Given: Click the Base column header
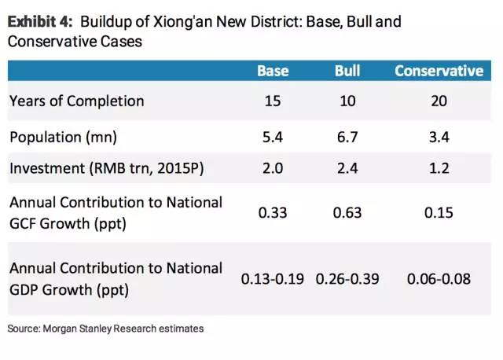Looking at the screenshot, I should coord(273,71).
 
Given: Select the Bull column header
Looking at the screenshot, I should coord(348,71).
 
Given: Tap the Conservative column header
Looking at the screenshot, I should coord(439,71).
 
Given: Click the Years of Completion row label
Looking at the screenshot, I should coord(77,101).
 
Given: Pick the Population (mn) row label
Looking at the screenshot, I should coord(63,138).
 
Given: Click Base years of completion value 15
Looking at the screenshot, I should coord(273,101).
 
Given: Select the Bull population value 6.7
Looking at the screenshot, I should coord(348,138).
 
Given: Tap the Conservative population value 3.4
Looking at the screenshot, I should coord(439,138).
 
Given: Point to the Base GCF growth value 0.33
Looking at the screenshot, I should coord(273,213).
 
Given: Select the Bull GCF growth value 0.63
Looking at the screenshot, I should coord(348,213).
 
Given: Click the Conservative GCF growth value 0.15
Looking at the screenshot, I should coord(439,213).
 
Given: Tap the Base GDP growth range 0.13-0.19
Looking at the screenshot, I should coord(273,279).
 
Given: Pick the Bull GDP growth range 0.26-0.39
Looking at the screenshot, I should coord(348,279).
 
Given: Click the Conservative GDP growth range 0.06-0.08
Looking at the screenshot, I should coord(439,279).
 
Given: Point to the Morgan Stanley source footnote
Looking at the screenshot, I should coord(105,328).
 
